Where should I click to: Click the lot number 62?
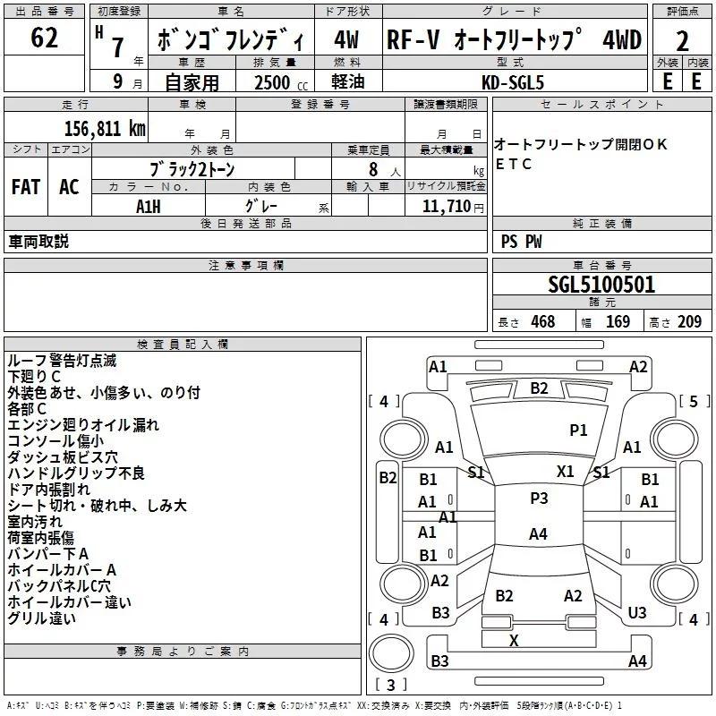pos(44,38)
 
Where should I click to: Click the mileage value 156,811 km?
pos(105,128)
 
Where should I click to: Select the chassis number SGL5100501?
pos(601,285)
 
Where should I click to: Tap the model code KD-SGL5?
pos(514,81)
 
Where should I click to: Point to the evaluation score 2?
pos(682,41)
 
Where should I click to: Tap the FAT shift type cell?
pos(26,187)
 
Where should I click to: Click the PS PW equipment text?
pos(521,242)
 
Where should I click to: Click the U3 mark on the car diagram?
pos(637,612)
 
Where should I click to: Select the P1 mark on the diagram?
pos(578,430)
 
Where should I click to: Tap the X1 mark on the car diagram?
pos(565,471)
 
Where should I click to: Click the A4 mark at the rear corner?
pos(637,661)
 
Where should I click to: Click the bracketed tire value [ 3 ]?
pos(390,686)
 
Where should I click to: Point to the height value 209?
pos(689,321)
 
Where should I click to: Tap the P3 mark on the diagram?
pos(538,499)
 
